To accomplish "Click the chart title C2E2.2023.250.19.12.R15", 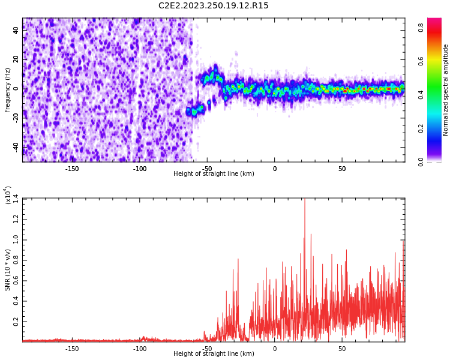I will coord(214,6).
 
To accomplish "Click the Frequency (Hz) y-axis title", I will coord(8,90).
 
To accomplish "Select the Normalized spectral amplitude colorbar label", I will coord(446,90).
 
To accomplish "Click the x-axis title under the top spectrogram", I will coord(214,174).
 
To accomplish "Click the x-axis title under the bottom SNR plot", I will coord(214,353).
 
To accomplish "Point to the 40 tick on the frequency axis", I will coord(16,31).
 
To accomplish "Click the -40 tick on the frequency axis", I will coord(16,146).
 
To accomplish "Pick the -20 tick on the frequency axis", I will coord(16,118).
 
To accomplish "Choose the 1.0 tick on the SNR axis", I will coord(16,239).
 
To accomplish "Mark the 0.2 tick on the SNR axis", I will coord(16,322).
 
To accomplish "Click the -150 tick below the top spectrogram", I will coord(72,168).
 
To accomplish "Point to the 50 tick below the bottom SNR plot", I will coord(342,348).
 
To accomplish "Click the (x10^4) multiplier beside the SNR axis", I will coord(8,196).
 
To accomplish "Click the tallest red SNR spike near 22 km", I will coord(304,200).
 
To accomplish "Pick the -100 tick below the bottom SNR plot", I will coord(139,348).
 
